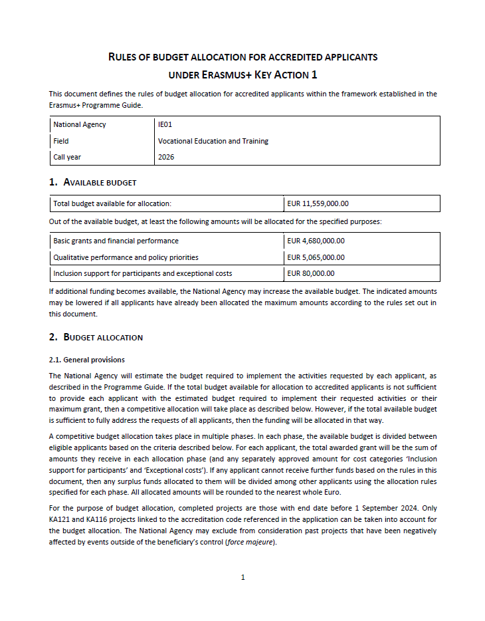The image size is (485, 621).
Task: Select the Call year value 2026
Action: (166, 157)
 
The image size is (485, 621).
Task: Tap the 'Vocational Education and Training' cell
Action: (213, 141)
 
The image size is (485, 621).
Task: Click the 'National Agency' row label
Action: (79, 124)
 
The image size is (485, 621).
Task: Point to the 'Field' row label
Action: (61, 141)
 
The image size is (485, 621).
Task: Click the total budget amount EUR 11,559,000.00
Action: (318, 203)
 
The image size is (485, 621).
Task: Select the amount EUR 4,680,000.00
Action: (316, 241)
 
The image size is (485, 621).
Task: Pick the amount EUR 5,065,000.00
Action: (316, 257)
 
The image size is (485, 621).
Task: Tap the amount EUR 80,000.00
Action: (310, 273)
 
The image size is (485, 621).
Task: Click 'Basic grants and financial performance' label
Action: (116, 241)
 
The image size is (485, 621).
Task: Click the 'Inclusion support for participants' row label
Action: (142, 273)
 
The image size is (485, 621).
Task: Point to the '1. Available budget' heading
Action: (93, 182)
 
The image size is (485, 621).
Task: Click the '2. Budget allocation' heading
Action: (96, 337)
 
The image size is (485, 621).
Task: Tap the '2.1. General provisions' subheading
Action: (86, 360)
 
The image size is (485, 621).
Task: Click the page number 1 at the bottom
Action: (242, 577)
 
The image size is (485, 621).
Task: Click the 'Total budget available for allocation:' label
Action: (112, 203)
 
